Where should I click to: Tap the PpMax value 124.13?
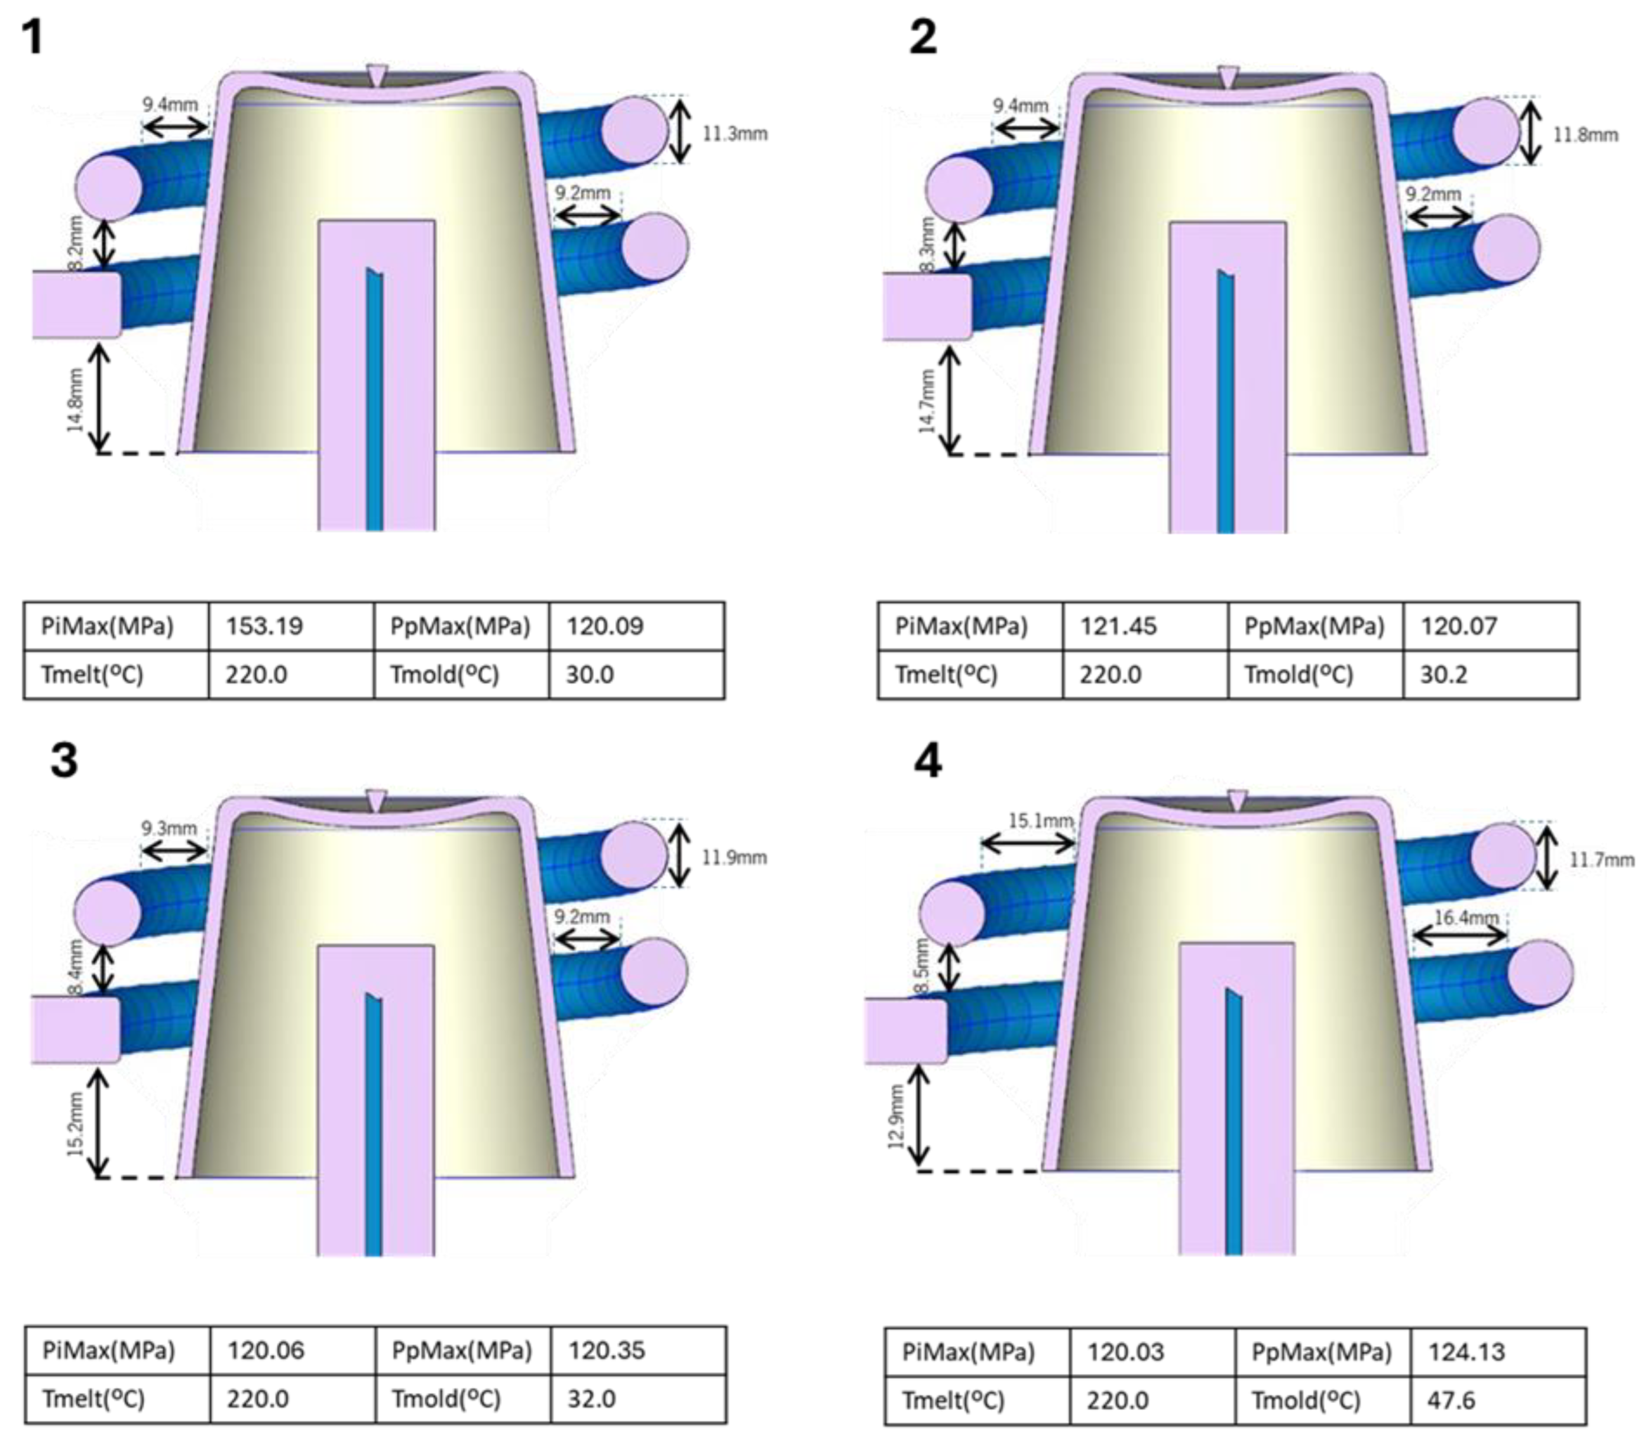pos(1465,1352)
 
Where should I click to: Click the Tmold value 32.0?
pos(591,1398)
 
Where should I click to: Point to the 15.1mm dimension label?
pos(1040,821)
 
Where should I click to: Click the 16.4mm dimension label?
pos(1465,918)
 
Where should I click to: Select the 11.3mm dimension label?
pos(734,134)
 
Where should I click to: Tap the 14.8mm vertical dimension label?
pos(76,400)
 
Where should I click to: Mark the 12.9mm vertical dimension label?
pos(896,1116)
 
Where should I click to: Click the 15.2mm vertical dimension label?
pos(76,1124)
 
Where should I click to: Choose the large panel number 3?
pos(64,760)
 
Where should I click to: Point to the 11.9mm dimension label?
pos(733,858)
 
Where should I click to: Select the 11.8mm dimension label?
pos(1585,135)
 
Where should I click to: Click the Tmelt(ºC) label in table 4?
pos(953,1400)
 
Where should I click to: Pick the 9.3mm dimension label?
pos(169,828)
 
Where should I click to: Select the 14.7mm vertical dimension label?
pos(928,401)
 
